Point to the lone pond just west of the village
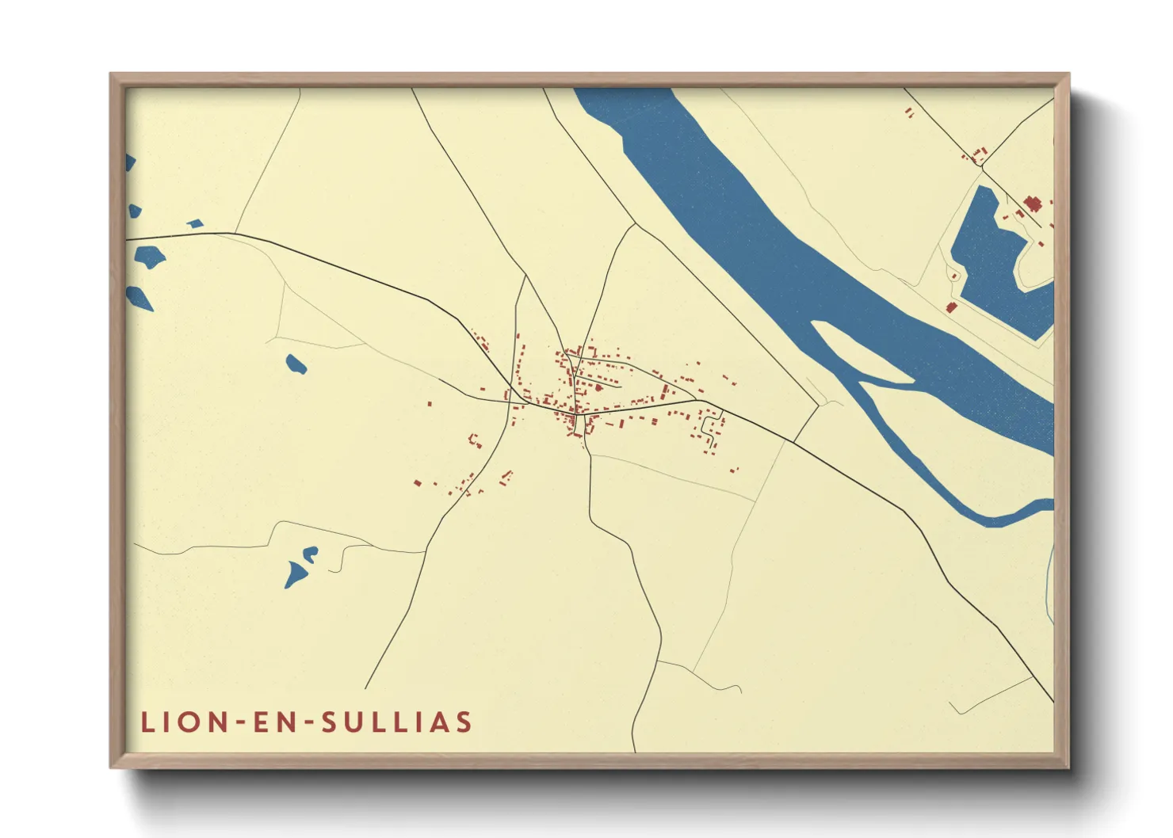point(296,364)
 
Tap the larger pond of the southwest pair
point(296,574)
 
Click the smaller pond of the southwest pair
point(310,553)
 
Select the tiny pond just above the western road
point(195,224)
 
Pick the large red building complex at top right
point(1032,204)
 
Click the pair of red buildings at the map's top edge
point(909,112)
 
